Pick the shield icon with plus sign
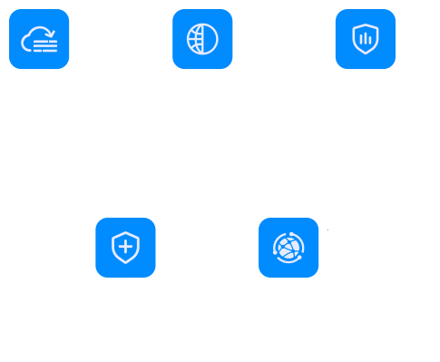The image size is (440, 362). [x=124, y=247]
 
